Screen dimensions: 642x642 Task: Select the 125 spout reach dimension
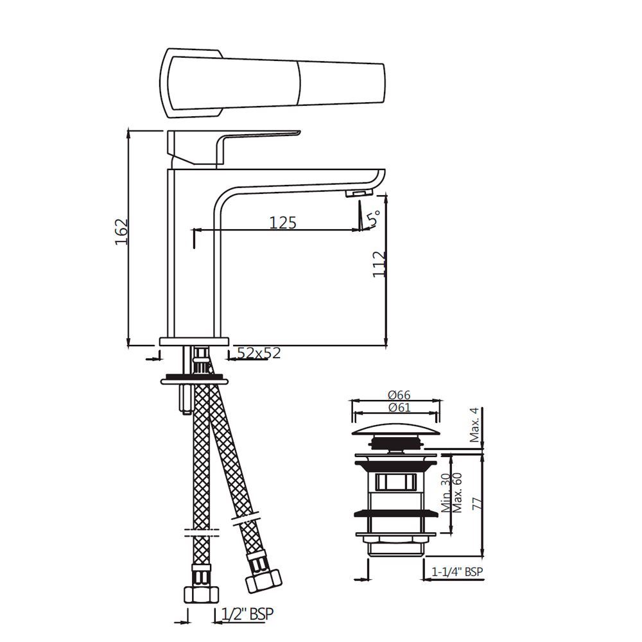[x=282, y=222]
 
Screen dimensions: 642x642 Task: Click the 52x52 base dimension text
[x=259, y=352]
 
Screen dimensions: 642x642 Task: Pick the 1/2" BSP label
[x=247, y=614]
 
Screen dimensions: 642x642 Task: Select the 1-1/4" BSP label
[x=457, y=571]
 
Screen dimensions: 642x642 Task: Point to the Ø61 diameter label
[x=398, y=408]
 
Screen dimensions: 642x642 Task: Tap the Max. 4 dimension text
[x=474, y=425]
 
